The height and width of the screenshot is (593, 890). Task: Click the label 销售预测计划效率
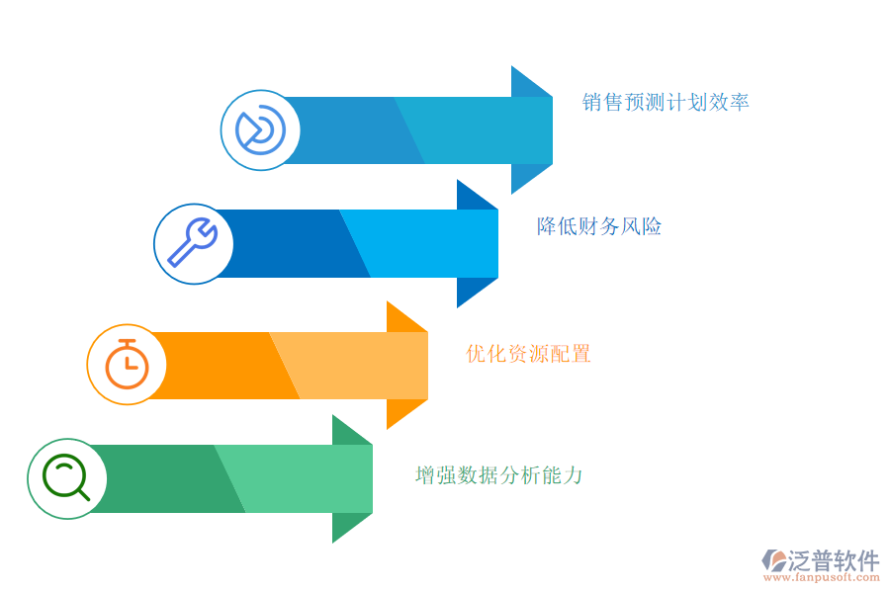coord(666,102)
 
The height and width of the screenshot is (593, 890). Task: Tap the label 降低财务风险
coord(599,226)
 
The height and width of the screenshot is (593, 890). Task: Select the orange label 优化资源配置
coord(528,354)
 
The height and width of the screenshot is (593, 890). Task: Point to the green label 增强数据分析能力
coord(498,475)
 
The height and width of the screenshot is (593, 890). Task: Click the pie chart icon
coord(260,129)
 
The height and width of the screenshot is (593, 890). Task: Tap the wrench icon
coord(193,242)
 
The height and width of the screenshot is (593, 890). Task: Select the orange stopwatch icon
coord(128,365)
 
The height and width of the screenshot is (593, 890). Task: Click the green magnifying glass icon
coord(66,477)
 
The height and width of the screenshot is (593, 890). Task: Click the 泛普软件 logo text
coord(834,560)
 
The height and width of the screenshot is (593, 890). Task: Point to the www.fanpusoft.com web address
coord(822,577)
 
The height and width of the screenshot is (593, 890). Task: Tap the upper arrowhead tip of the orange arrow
coord(387,301)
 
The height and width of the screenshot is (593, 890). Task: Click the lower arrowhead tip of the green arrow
coord(332,543)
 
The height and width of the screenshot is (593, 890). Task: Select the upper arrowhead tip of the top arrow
coord(511,66)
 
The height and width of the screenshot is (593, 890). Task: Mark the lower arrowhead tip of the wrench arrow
coord(458,307)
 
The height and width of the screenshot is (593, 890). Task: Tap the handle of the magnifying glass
coord(83,494)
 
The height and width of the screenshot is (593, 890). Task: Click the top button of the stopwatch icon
coord(128,342)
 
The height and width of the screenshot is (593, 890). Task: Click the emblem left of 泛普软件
coord(774,560)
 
